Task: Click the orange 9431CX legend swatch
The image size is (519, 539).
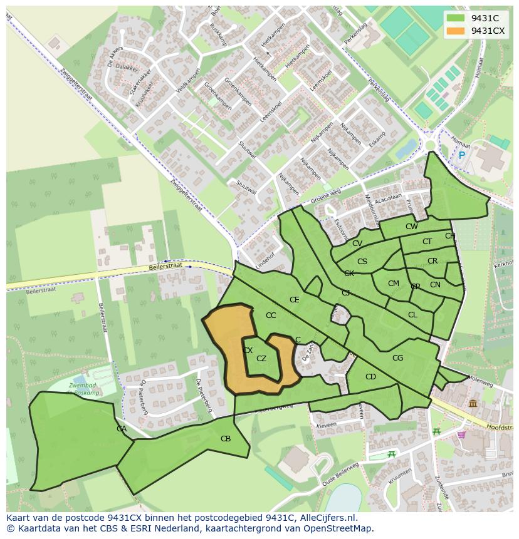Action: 456,31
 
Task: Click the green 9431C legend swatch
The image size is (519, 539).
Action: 456,18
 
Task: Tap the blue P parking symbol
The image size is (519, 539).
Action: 462,155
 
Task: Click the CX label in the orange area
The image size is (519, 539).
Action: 248,351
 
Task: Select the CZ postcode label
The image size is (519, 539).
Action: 261,359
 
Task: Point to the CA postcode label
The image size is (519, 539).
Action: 122,429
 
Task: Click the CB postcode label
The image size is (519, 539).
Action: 226,439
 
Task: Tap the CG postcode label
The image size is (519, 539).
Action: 397,358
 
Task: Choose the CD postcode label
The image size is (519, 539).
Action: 370,377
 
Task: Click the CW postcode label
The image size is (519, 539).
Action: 411,227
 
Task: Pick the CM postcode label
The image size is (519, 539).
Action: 393,284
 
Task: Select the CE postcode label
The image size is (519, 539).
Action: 294,300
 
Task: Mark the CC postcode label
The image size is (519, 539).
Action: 271,316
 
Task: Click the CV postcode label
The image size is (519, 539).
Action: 357,244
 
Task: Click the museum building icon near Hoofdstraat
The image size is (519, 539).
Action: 472,404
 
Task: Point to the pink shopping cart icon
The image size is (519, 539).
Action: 462,434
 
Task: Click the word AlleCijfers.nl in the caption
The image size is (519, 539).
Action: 327,518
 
